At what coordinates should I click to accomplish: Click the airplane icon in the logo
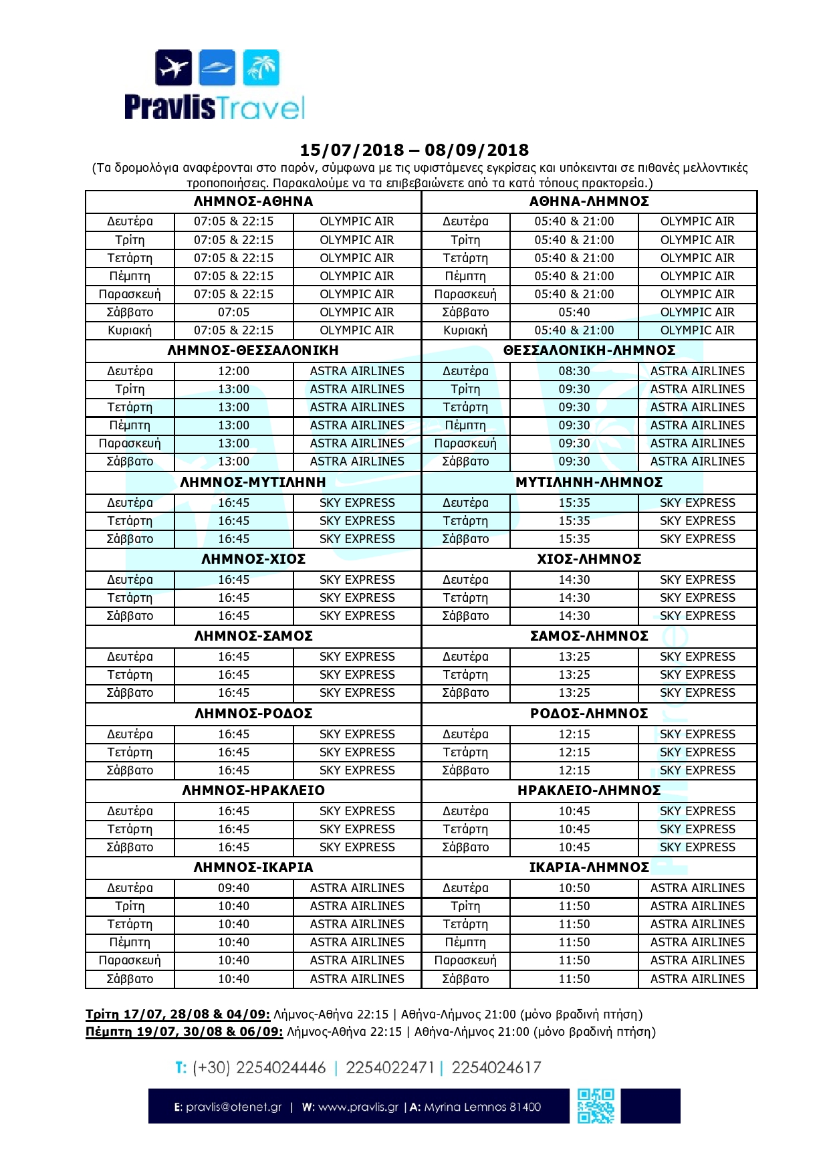point(174,68)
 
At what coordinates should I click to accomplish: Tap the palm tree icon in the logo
point(261,68)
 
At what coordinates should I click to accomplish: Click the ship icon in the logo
point(218,68)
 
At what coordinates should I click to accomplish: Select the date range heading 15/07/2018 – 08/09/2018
point(414,150)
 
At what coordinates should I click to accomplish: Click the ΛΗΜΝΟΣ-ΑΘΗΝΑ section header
point(253,201)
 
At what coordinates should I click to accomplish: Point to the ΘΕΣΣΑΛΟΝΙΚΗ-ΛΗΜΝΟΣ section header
point(589,350)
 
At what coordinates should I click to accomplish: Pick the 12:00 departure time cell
point(233,371)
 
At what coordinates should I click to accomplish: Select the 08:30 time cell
point(574,371)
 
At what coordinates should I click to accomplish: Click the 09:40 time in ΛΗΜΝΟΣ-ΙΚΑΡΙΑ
point(233,888)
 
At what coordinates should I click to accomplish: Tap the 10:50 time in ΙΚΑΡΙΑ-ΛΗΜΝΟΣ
point(574,888)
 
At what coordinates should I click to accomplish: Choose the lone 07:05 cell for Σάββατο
point(233,312)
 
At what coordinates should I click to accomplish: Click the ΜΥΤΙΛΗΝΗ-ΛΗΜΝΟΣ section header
point(589,482)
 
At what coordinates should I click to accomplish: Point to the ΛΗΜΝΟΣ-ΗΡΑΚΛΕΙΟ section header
point(253,790)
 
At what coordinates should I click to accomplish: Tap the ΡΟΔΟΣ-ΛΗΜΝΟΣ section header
point(589,714)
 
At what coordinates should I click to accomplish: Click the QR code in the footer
point(596,1106)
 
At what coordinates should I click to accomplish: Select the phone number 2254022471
point(390,1067)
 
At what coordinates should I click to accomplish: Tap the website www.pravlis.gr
point(358,1107)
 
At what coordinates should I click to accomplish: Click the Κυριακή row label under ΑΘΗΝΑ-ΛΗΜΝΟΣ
point(465,330)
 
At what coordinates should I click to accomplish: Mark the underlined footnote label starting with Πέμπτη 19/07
point(185,1032)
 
